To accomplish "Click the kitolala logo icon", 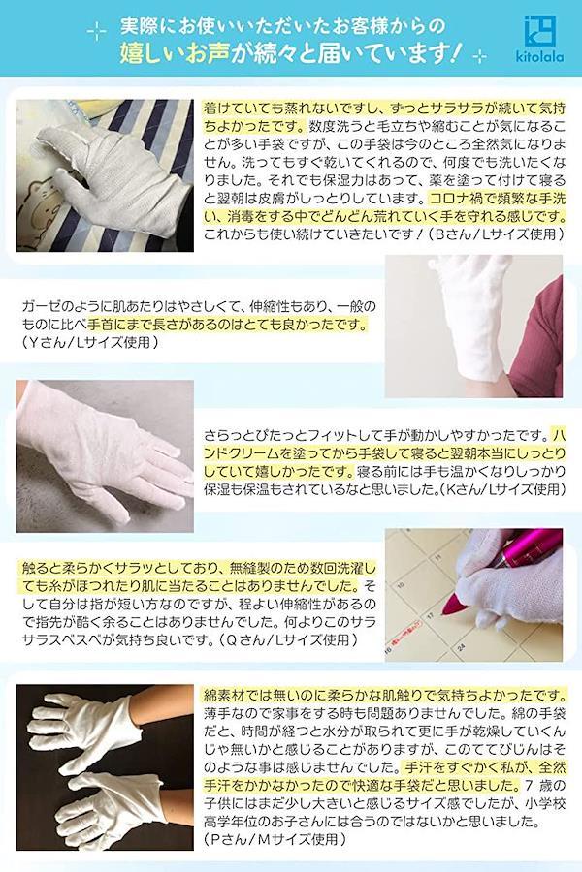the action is [539, 32].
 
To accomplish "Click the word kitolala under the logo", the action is [540, 57].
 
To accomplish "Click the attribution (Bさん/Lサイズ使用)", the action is [496, 234].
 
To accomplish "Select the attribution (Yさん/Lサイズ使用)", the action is [90, 342].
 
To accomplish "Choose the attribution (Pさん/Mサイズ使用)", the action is [275, 838].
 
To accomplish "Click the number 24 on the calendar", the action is [461, 648].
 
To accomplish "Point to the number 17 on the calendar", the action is [431, 616].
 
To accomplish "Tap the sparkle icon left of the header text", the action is [96, 32].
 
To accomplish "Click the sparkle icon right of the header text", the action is [478, 56].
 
